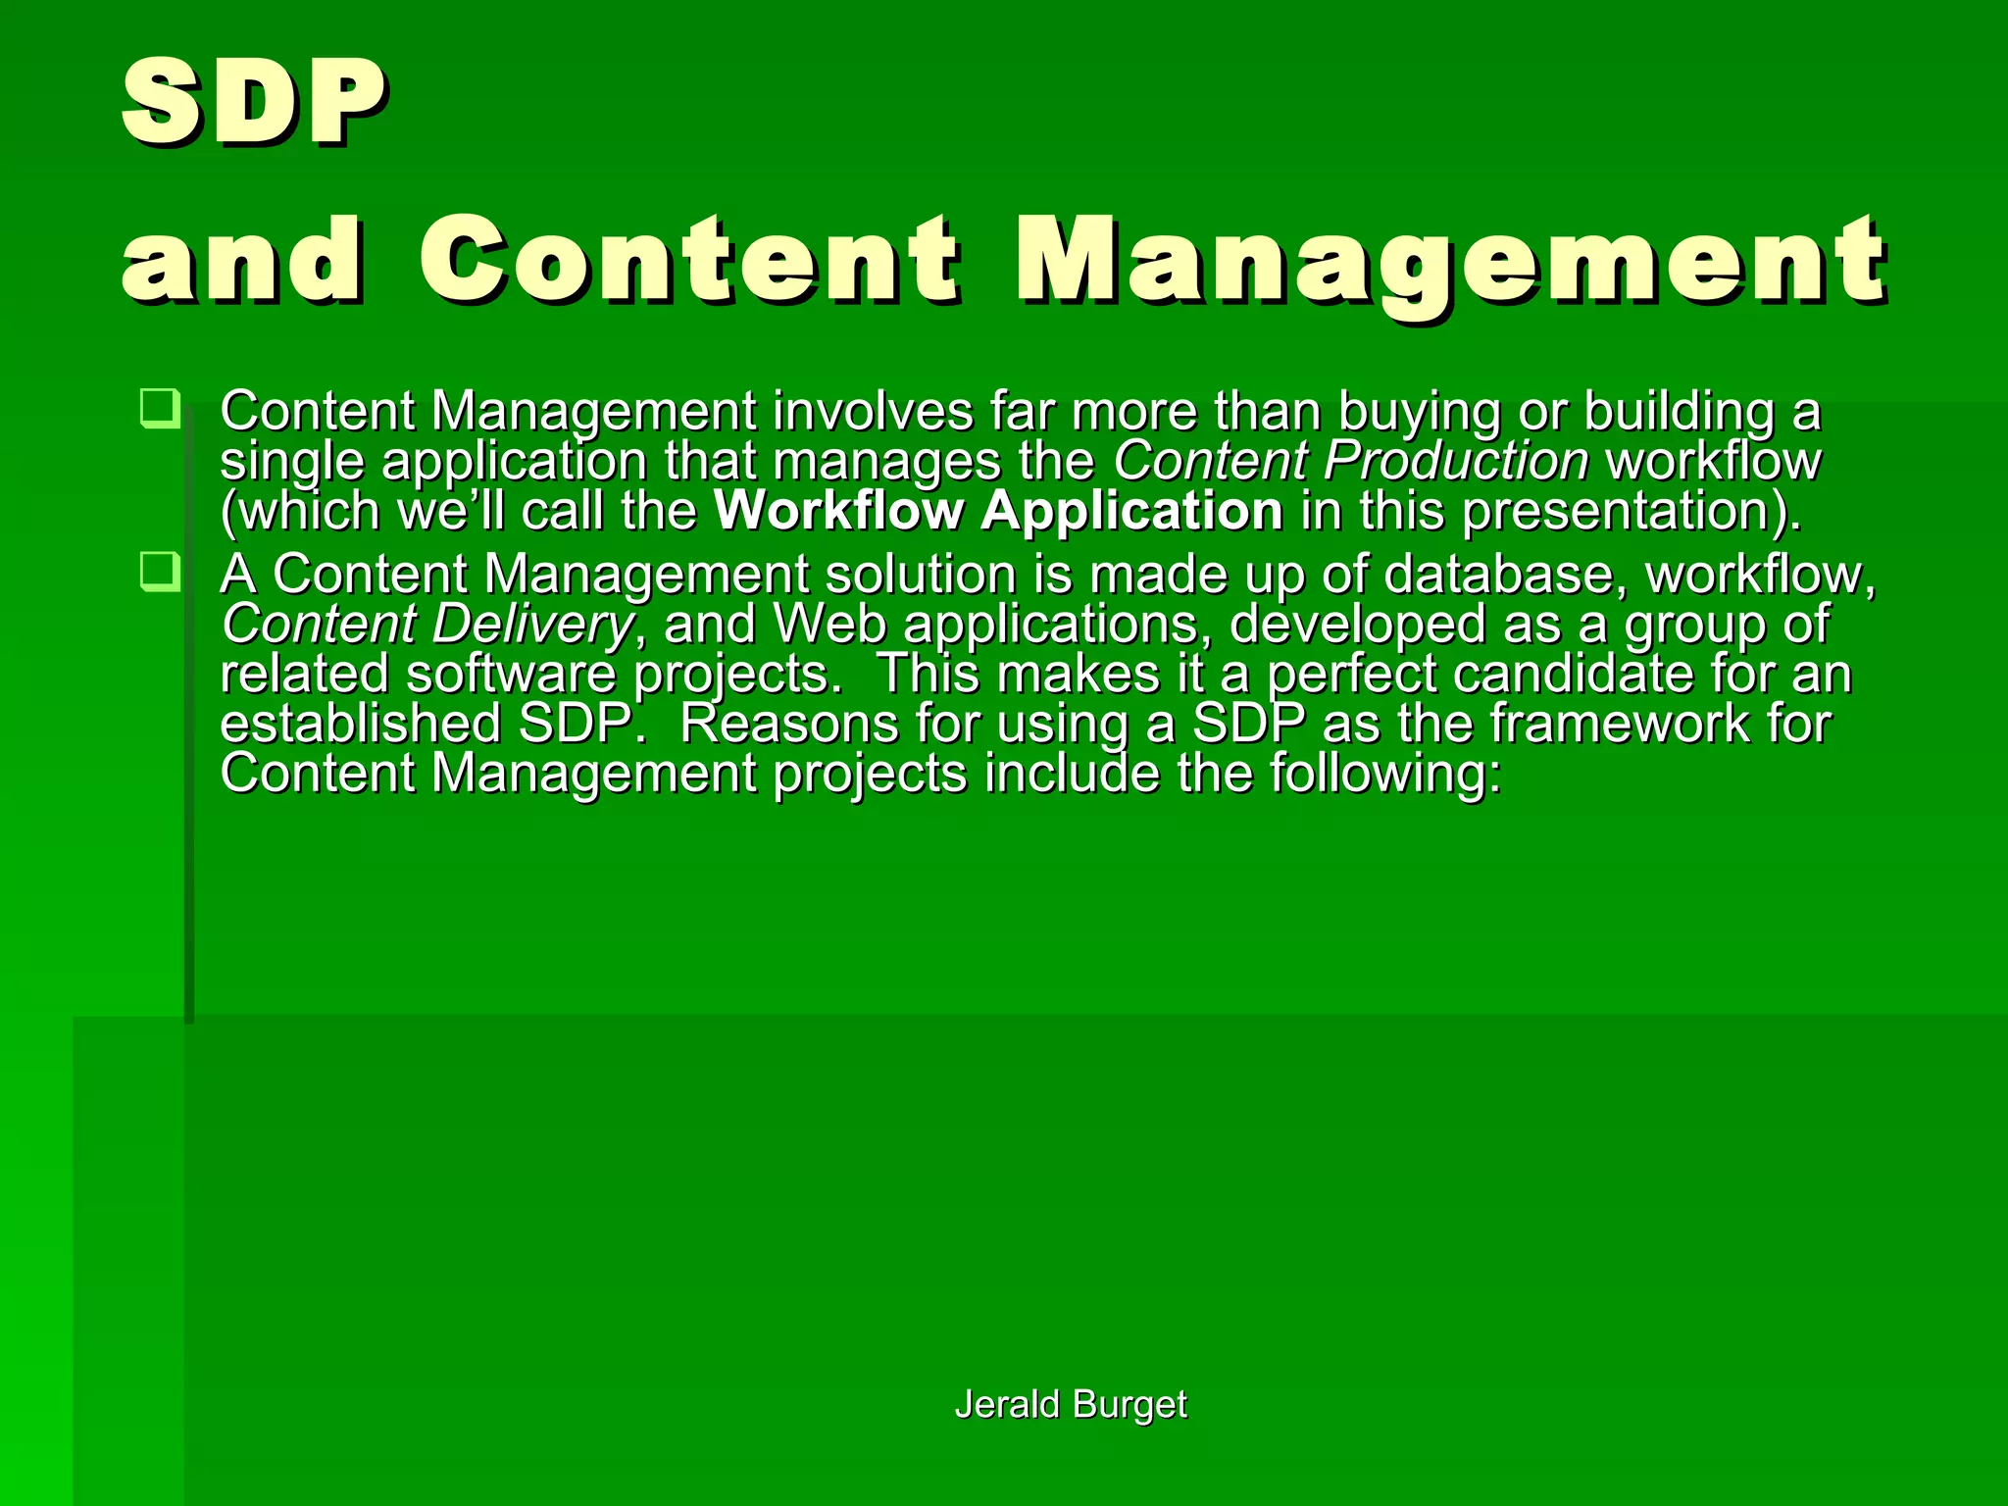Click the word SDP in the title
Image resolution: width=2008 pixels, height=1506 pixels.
(253, 101)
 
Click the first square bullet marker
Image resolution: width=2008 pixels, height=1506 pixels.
(160, 408)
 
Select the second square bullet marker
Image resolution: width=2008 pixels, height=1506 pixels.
(160, 571)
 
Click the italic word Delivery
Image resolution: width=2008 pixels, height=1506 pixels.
(533, 625)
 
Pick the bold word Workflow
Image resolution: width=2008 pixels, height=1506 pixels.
(839, 511)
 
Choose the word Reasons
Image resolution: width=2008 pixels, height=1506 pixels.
(788, 724)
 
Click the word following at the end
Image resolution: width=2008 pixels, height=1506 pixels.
(1384, 775)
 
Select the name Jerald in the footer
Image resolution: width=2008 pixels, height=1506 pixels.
(1007, 1404)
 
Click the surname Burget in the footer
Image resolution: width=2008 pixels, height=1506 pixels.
(1129, 1404)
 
